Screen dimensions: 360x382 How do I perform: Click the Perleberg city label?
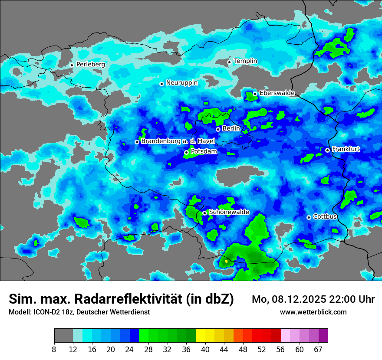tap(90, 64)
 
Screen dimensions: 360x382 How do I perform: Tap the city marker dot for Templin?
tap(229, 62)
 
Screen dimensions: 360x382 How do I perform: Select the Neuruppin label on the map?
tap(181, 83)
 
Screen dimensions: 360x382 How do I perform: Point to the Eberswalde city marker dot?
tap(255, 94)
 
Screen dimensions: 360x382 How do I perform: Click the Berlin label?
tap(231, 128)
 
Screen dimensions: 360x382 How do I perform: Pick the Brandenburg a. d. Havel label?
tap(178, 141)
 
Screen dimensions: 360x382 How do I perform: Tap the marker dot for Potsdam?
tap(186, 152)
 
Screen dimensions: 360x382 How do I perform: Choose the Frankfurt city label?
tap(346, 149)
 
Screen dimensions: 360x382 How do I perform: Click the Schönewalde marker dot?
tap(204, 213)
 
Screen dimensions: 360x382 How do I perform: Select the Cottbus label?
tap(325, 216)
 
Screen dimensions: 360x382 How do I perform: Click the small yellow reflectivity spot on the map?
tap(226, 262)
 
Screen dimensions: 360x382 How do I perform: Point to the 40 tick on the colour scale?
tap(205, 349)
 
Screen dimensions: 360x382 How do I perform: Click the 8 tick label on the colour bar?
tap(54, 349)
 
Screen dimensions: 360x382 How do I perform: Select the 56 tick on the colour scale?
tap(281, 349)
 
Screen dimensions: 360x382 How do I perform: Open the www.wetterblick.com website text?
tap(313, 312)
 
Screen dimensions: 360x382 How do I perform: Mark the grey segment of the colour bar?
tap(63, 336)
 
